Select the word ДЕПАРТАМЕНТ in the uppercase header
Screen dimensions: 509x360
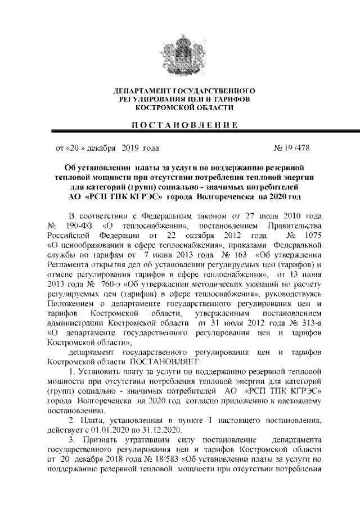(139, 91)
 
